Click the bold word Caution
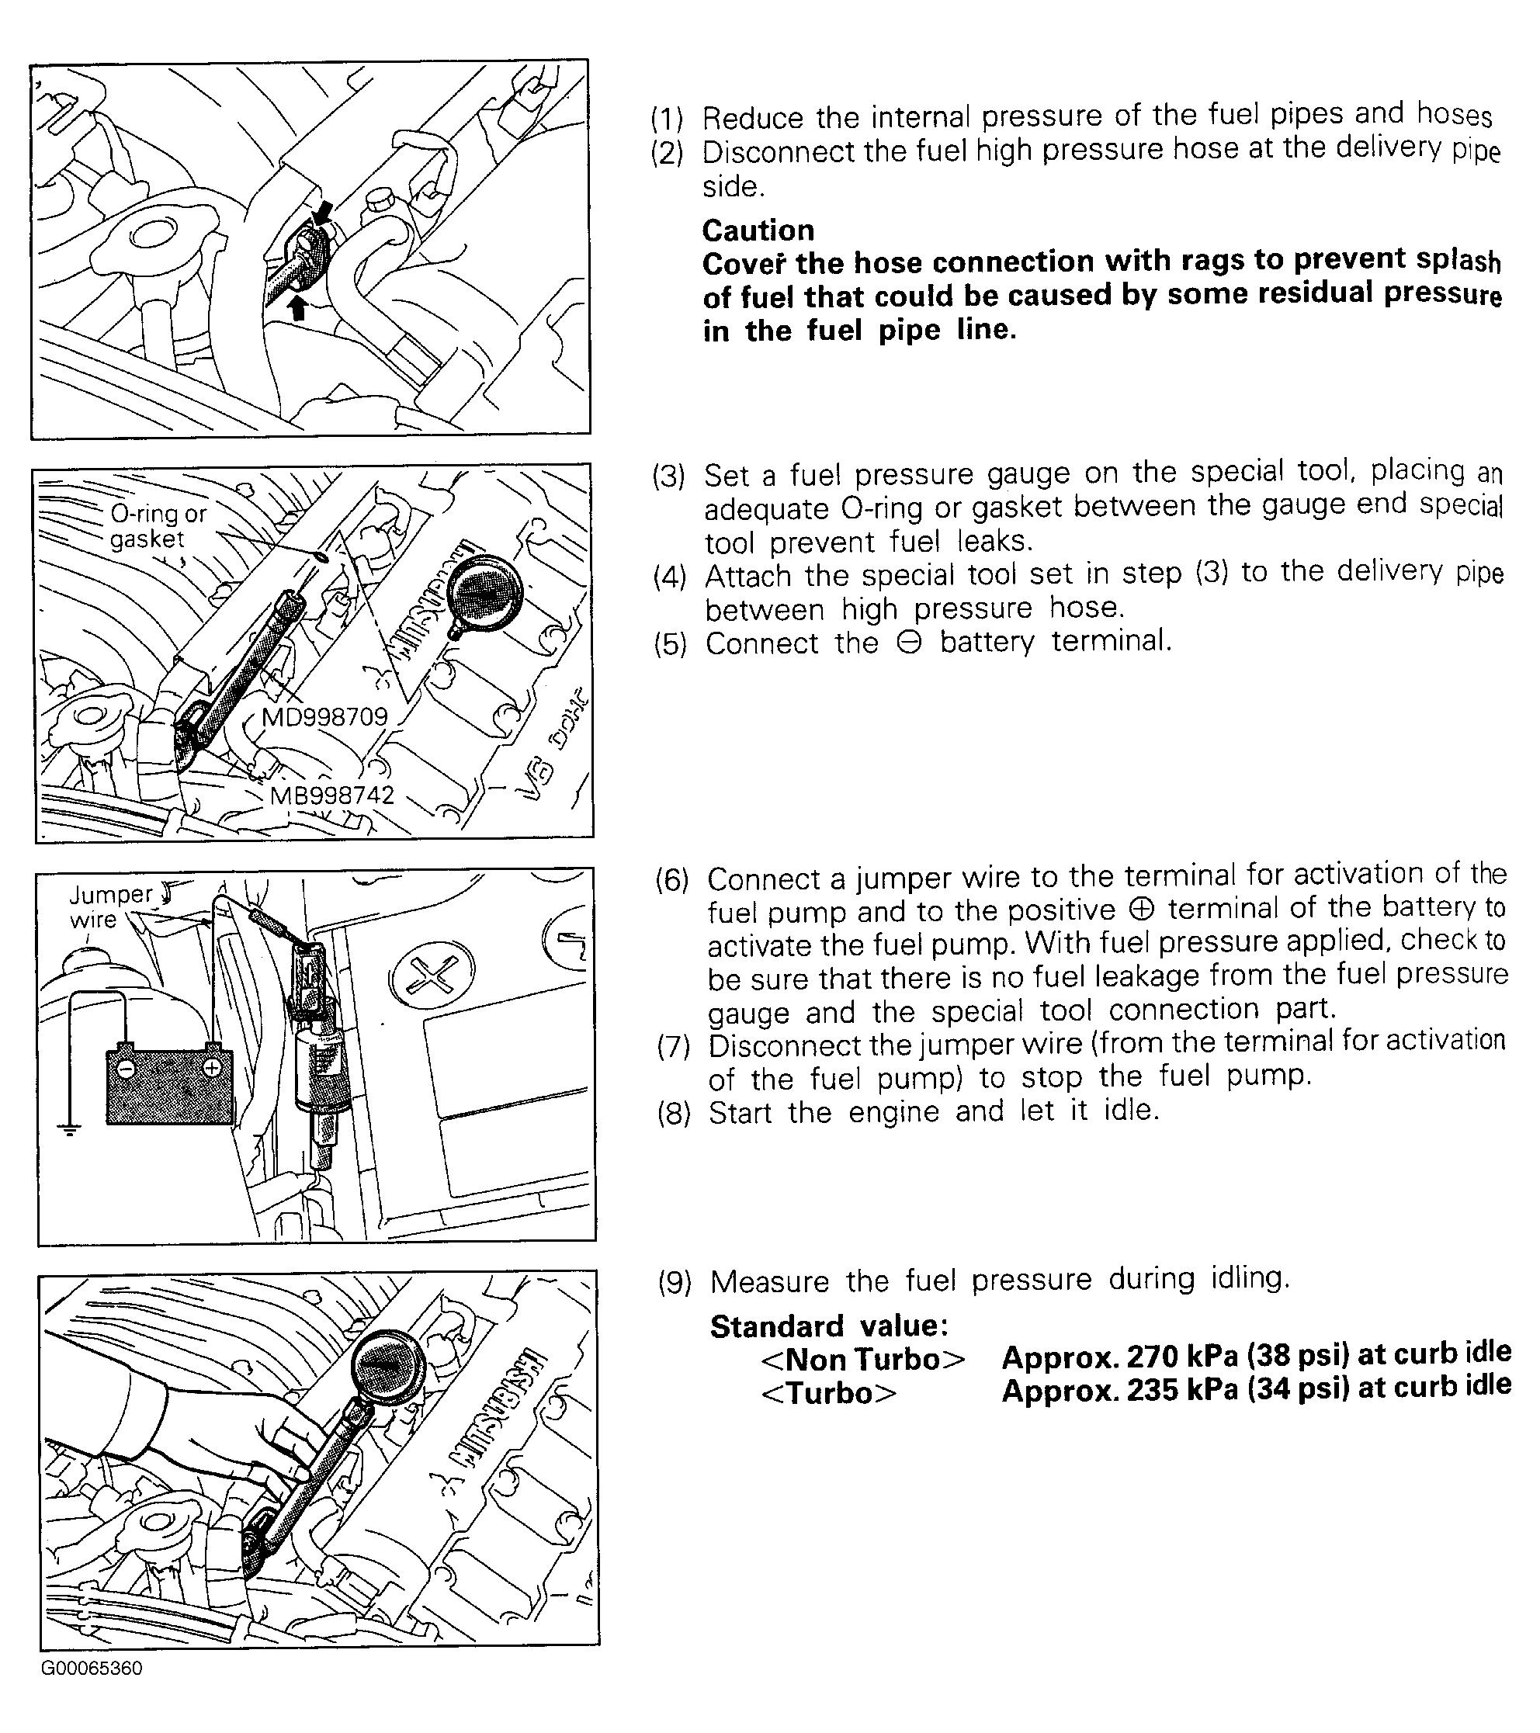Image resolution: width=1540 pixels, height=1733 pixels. click(758, 230)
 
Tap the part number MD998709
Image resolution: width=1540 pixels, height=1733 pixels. click(324, 717)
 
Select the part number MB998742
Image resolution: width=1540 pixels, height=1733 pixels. click(331, 795)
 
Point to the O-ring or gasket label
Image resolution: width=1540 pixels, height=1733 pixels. click(158, 526)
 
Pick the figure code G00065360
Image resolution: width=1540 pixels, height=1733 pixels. click(92, 1669)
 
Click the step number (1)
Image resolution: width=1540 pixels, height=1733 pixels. click(668, 118)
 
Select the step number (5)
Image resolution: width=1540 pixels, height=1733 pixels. click(670, 644)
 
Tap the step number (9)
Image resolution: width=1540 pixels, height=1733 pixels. click(675, 1282)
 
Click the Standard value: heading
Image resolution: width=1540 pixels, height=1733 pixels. click(828, 1326)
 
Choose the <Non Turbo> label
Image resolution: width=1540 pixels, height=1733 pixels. click(862, 1360)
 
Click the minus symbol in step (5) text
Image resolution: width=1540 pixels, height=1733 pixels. click(908, 643)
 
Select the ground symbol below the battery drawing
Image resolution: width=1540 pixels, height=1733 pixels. click(70, 1128)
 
